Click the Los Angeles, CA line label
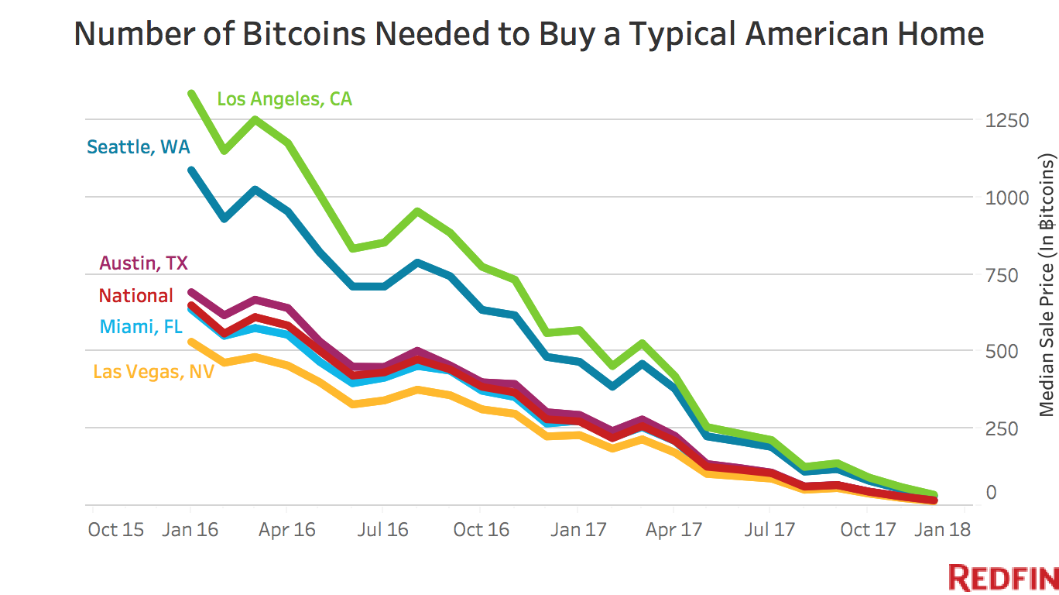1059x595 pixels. pyautogui.click(x=284, y=99)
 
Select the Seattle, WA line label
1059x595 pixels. pyautogui.click(x=138, y=146)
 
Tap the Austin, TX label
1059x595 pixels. pyautogui.click(x=143, y=263)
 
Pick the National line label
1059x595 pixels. pyautogui.click(x=136, y=296)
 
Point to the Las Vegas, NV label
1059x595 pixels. pyautogui.click(x=153, y=372)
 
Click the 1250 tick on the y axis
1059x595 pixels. pyautogui.click(x=1007, y=121)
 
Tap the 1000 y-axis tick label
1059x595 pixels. pyautogui.click(x=1007, y=198)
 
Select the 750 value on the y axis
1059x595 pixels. pyautogui.click(x=1002, y=275)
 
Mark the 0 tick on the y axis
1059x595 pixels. pyautogui.click(x=992, y=493)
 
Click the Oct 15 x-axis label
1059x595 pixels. pyautogui.click(x=115, y=530)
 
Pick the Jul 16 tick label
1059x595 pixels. pyautogui.click(x=384, y=530)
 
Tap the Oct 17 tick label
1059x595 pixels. pyautogui.click(x=868, y=530)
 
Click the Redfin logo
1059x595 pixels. pyautogui.click(x=1003, y=579)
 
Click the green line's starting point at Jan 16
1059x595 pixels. pyautogui.click(x=190, y=94)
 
